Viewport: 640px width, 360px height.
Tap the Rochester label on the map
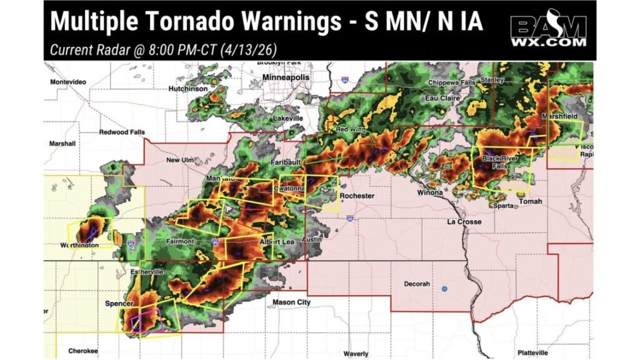[x=356, y=196]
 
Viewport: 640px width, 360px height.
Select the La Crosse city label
[x=464, y=222]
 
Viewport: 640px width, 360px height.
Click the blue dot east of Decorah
[x=444, y=289]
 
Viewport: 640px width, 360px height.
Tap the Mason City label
[x=291, y=302]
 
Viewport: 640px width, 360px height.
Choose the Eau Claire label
[x=442, y=98]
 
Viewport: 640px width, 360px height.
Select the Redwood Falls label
[x=122, y=132]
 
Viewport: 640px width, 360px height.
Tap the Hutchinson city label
[x=187, y=89]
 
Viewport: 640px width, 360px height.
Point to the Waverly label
[x=355, y=352]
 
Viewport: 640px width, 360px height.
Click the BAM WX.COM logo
[x=549, y=29]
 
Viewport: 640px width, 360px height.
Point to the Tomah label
[x=531, y=201]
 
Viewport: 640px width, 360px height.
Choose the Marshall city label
[x=62, y=144]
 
